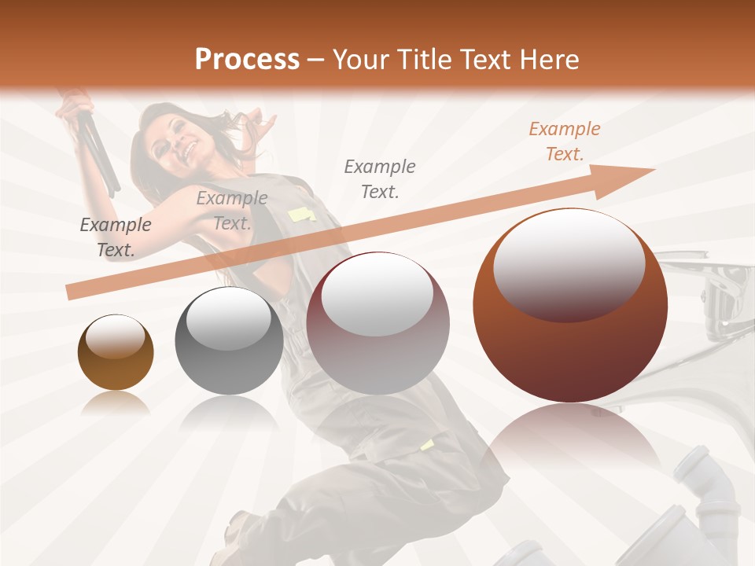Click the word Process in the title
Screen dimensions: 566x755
247,60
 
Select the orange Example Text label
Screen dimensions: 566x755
565,141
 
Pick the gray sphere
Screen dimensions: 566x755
229,340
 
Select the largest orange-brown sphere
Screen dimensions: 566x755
570,306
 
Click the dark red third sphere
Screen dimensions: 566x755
377,323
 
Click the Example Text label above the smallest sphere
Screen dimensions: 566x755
116,237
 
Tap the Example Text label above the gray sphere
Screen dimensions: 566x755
232,211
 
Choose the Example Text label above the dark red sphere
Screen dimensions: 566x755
380,178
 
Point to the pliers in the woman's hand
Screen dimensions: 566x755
99,149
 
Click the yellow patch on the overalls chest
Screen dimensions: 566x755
300,214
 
